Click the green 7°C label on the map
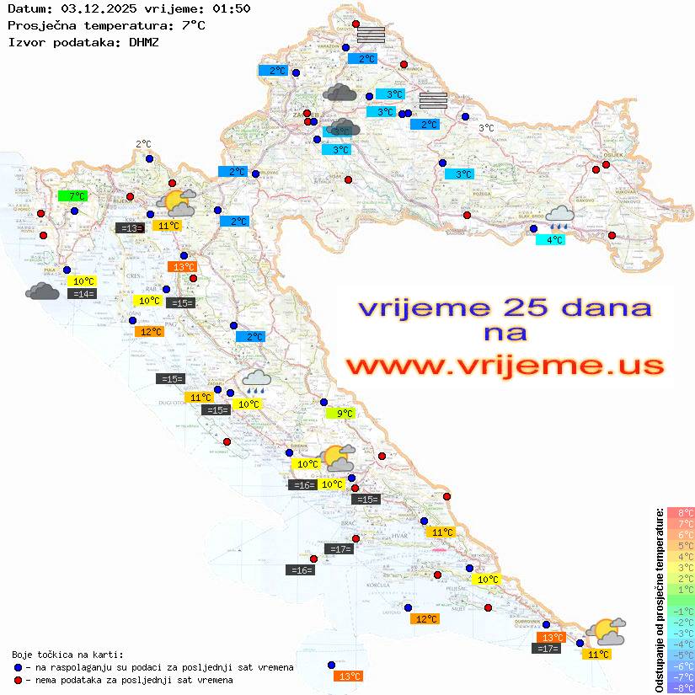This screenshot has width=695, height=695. click(72, 196)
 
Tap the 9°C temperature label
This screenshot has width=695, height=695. click(340, 413)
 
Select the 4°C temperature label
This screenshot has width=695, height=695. click(551, 240)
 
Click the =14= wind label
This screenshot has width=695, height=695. click(83, 293)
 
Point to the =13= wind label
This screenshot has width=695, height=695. click(130, 227)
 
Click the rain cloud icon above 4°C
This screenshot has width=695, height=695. click(559, 217)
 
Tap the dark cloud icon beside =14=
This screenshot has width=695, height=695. click(42, 291)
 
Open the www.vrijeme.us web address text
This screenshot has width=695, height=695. click(505, 366)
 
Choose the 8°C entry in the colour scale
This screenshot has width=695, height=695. click(681, 513)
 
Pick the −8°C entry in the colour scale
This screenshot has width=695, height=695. click(681, 688)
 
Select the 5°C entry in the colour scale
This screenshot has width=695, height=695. click(681, 546)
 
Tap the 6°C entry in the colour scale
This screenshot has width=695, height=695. click(681, 535)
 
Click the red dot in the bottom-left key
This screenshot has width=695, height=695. click(19, 680)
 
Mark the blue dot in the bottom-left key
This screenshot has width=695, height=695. click(19, 667)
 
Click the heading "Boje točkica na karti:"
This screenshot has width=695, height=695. click(67, 655)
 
